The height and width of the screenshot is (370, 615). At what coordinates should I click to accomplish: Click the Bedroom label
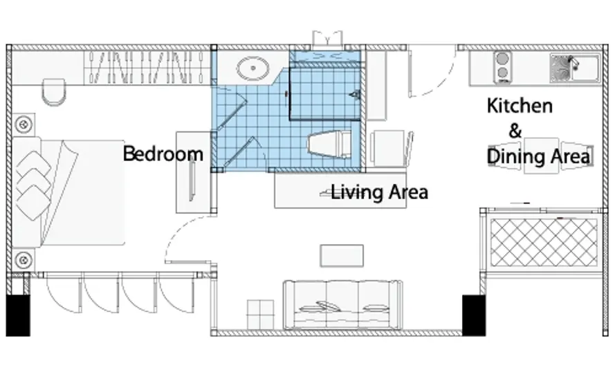pos(163,154)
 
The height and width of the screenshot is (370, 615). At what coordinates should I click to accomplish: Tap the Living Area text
pos(379,192)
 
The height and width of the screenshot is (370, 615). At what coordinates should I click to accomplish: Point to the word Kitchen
pos(520,106)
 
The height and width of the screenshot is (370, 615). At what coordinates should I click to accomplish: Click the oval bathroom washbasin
pos(253,68)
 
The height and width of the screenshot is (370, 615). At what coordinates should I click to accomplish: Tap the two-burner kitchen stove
pos(502,66)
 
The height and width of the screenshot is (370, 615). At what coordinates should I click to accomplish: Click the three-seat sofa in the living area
pos(343,305)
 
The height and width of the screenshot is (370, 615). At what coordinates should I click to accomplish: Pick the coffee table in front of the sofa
pos(342,256)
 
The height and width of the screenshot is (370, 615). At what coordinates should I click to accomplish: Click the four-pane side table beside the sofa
pos(260,315)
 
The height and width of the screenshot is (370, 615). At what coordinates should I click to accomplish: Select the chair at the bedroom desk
pos(54,92)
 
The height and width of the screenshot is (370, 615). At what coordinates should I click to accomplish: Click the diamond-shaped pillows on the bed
pos(33,185)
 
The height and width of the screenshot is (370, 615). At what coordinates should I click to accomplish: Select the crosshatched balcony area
pos(544,242)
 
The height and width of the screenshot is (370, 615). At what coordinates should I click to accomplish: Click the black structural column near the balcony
pos(474,315)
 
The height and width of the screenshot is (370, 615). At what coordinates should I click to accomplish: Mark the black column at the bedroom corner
pos(18,315)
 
